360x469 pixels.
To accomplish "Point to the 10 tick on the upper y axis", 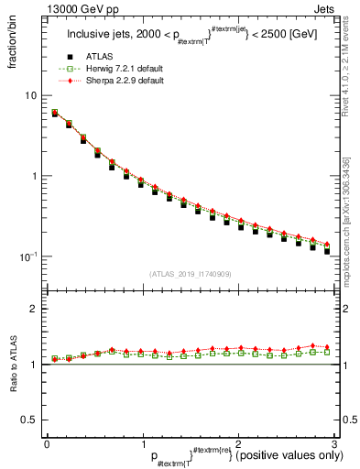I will (30, 96).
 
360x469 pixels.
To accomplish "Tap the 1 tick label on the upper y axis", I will (33, 176).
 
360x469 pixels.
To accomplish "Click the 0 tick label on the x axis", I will (47, 443).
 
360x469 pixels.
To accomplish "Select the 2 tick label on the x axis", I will (238, 443).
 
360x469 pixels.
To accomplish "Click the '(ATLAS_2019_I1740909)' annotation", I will (190, 274).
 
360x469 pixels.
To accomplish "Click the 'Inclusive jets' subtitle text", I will (101, 35).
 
